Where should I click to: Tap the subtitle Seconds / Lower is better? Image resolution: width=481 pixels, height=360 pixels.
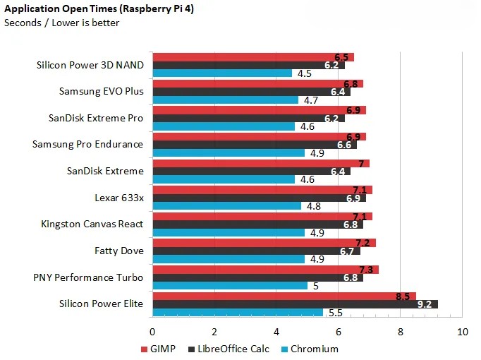pos(62,23)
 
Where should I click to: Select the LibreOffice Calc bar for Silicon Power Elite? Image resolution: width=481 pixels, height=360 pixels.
pos(295,304)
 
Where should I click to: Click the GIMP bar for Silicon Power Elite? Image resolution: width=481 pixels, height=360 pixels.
pos(284,296)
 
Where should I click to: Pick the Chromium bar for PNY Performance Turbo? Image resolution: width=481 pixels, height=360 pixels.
pos(229,286)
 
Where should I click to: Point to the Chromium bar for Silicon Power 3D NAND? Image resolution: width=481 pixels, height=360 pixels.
pos(221,73)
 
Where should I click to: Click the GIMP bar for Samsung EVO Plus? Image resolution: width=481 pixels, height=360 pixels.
pos(257,83)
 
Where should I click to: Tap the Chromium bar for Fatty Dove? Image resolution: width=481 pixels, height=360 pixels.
pos(228,259)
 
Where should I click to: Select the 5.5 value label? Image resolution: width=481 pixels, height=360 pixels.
pos(335,313)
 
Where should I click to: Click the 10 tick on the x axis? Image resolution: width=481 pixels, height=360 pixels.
pos(463,331)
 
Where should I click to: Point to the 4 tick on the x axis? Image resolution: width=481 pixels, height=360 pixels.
pos(276,331)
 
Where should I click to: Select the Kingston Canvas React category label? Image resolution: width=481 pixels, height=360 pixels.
pos(92,224)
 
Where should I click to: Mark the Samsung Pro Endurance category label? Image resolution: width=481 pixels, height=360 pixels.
pos(87,144)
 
